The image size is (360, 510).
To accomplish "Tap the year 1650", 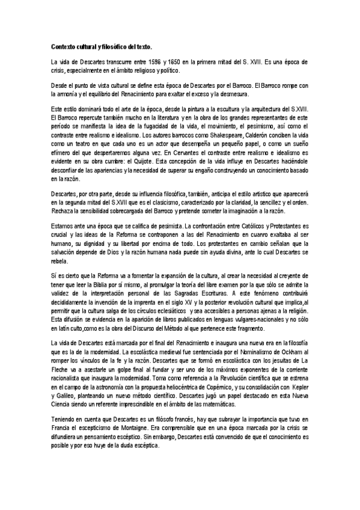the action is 169,62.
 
